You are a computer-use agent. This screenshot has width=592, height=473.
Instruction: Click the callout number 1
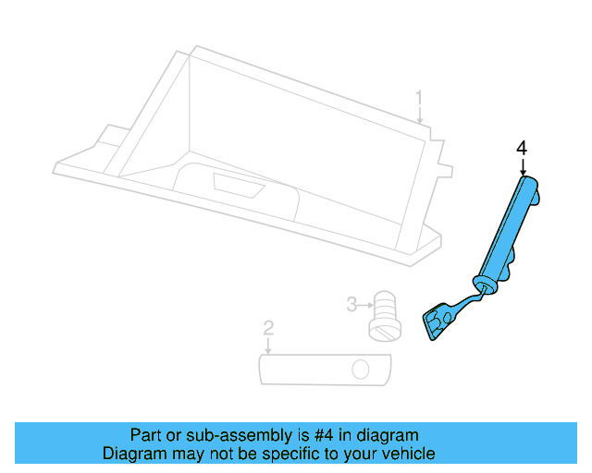point(419,97)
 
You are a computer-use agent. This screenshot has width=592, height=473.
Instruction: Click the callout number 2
point(268,327)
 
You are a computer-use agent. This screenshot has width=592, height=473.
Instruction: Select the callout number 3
point(351,303)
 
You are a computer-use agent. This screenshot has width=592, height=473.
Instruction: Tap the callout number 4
point(522,148)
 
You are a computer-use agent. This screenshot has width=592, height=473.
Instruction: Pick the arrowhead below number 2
point(268,352)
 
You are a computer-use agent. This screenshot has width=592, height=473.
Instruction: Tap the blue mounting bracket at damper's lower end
point(438,322)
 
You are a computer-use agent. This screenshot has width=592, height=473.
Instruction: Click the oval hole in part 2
point(360,371)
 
